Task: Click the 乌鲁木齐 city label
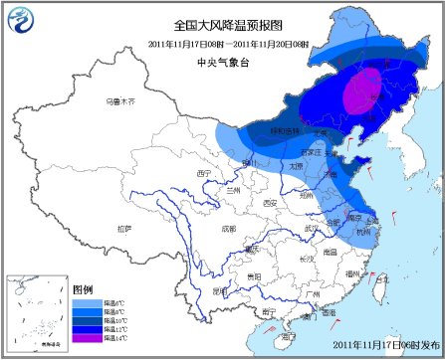coord(118,101)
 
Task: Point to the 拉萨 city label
coord(123,229)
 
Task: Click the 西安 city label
coord(269,203)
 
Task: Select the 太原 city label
coord(295,167)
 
